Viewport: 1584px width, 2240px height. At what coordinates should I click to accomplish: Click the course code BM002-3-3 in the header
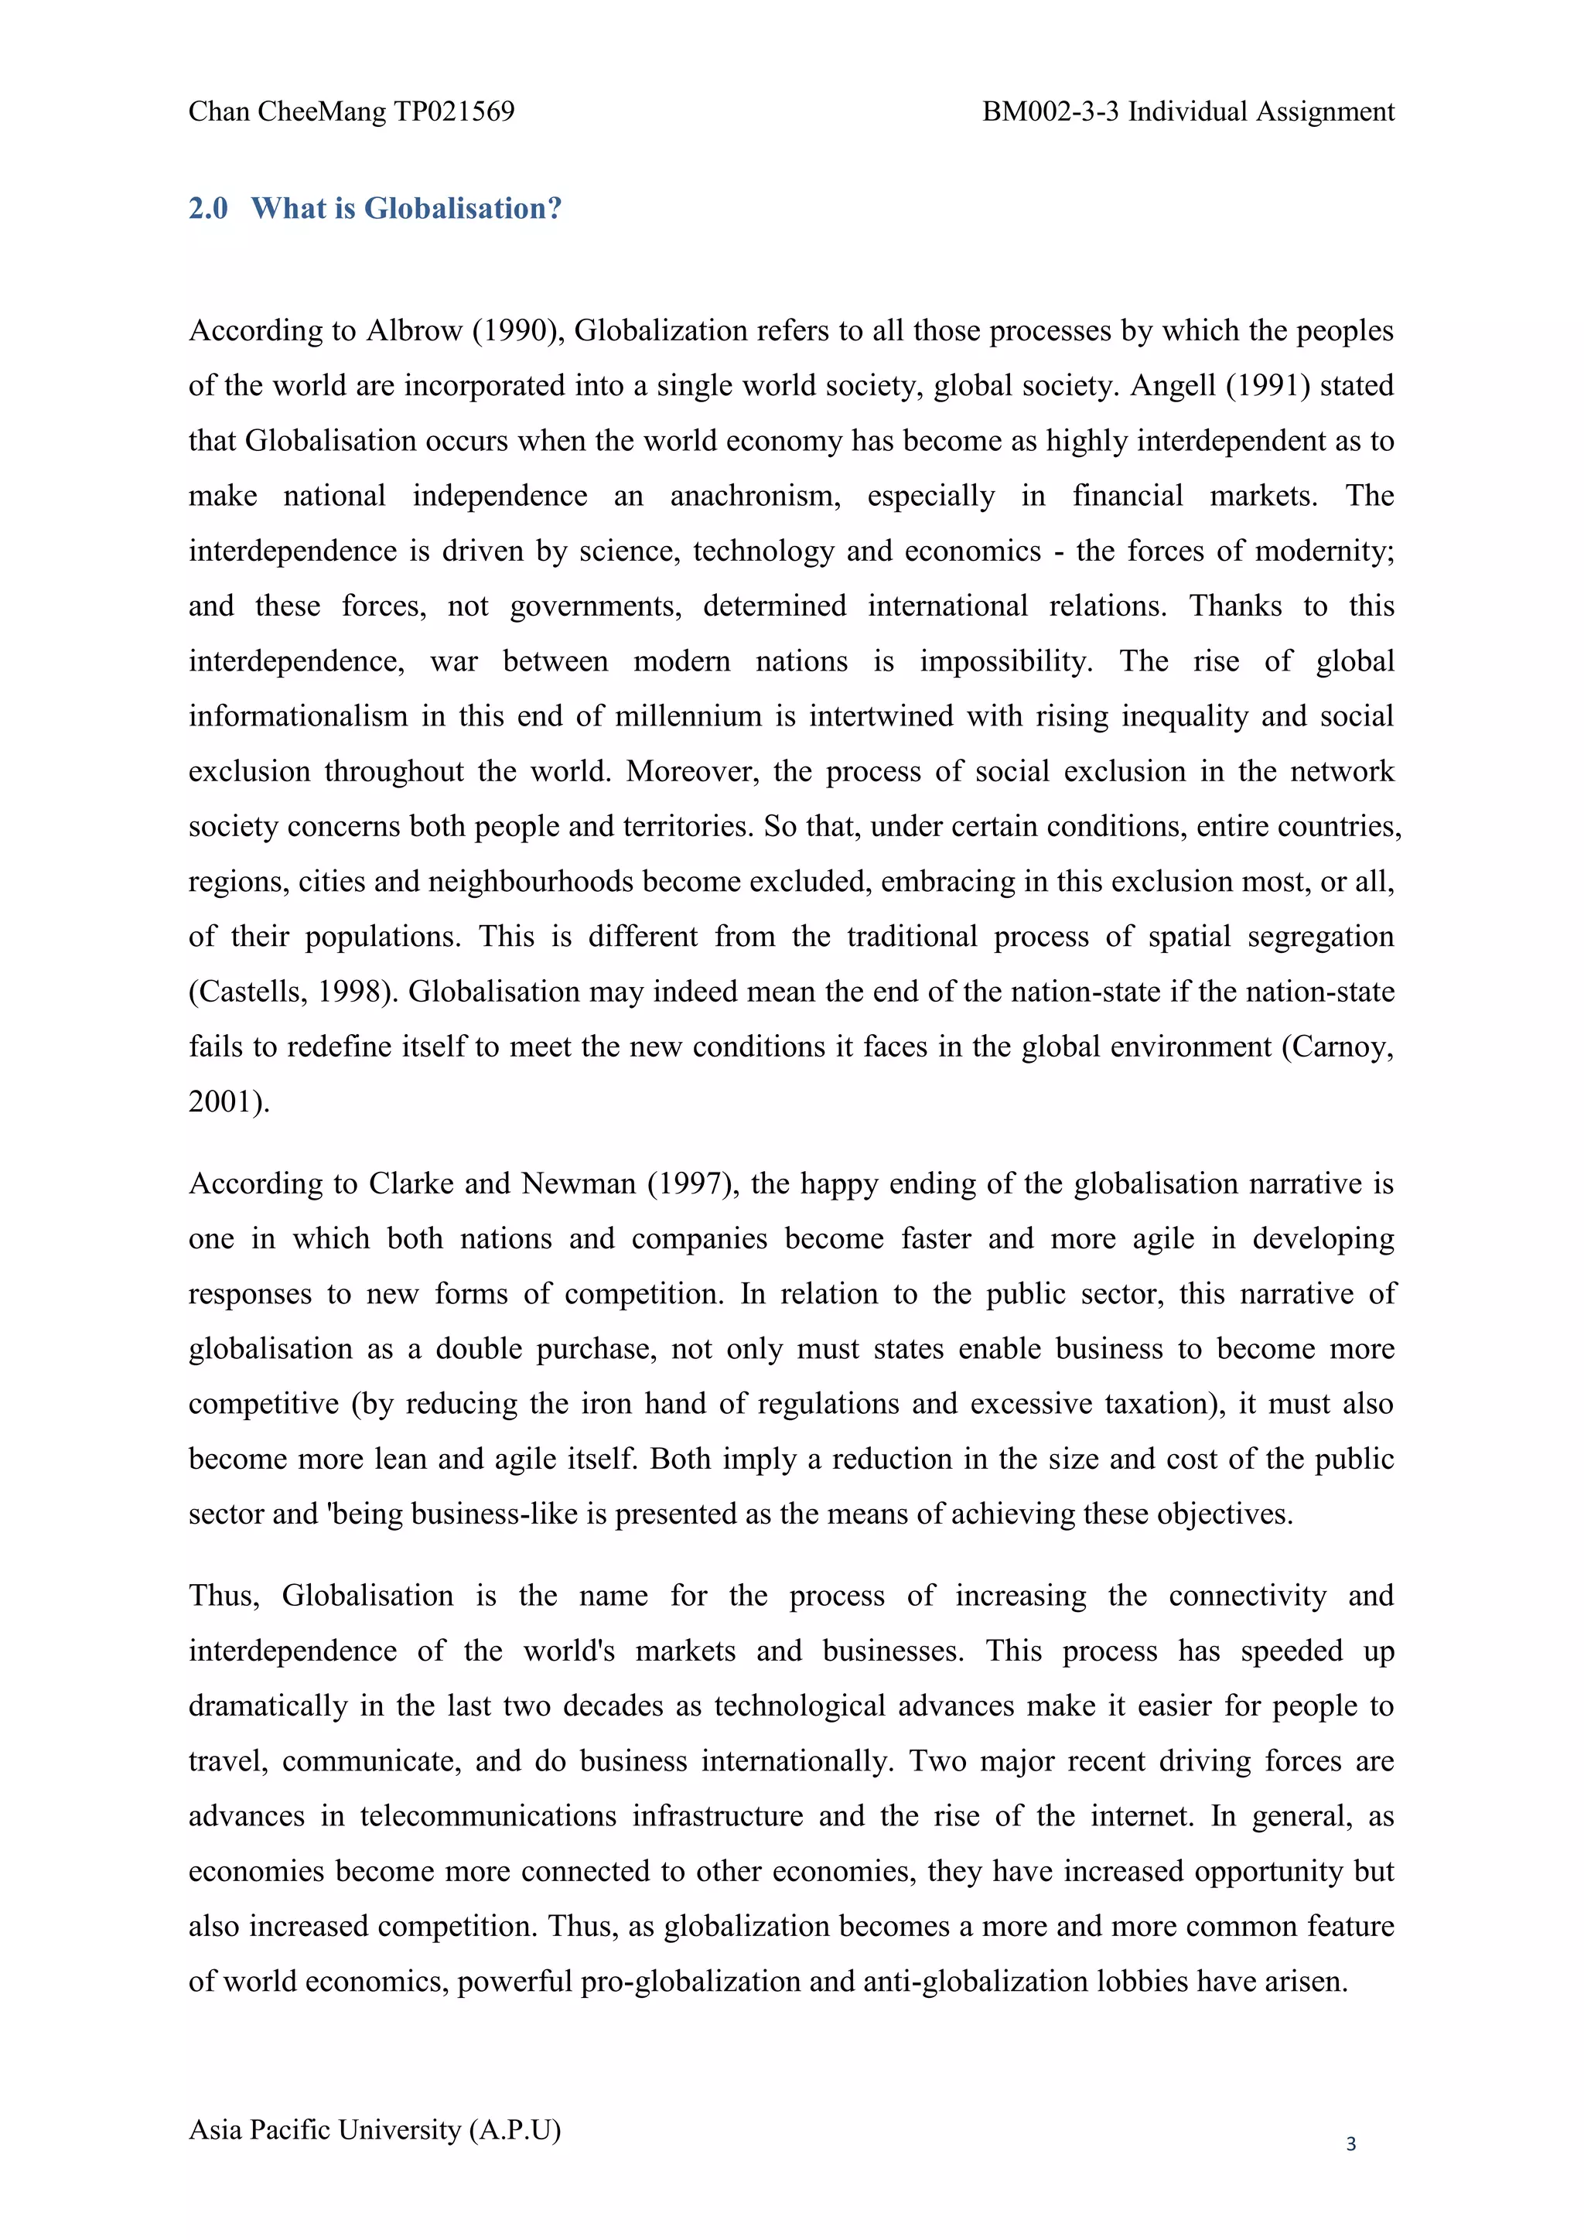[x=1050, y=112]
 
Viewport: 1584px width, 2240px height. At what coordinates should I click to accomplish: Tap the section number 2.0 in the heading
[x=208, y=208]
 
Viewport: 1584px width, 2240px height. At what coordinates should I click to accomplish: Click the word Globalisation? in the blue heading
[x=463, y=208]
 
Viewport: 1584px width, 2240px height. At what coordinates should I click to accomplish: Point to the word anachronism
[x=754, y=497]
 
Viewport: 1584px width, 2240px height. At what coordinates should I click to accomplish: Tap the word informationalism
[x=299, y=717]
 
